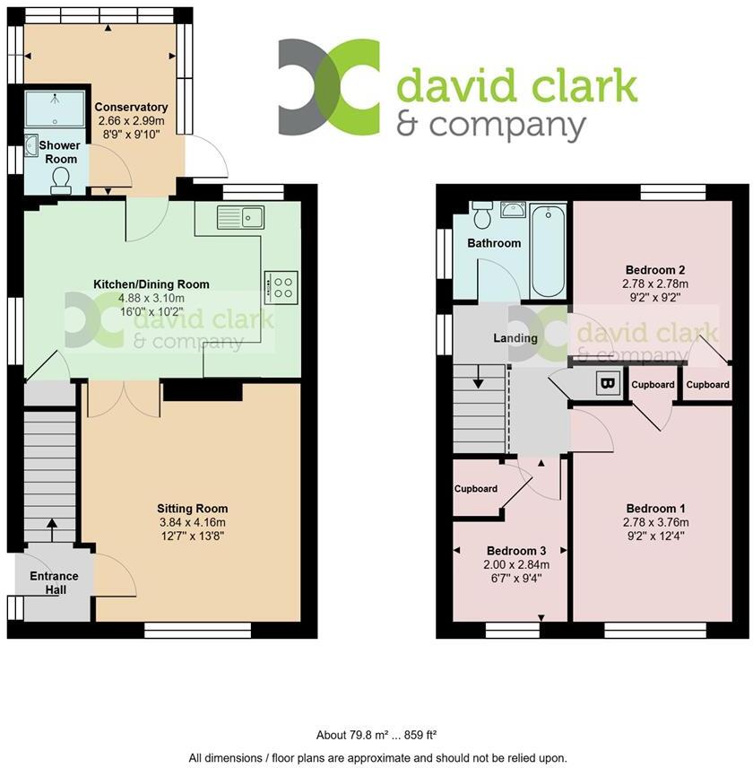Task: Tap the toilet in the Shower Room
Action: (61, 183)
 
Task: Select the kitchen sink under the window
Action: (239, 216)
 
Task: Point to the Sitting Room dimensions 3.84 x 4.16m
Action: (193, 523)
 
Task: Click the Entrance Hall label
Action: (54, 582)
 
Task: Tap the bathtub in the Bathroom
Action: (548, 251)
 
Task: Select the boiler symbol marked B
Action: (608, 384)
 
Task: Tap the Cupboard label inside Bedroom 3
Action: (476, 489)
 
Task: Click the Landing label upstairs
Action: (515, 338)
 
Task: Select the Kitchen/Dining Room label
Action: (151, 284)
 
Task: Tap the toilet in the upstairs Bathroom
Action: (480, 215)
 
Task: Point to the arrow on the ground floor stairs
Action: (50, 530)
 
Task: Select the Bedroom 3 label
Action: (516, 550)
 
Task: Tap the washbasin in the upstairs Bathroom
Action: (514, 210)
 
